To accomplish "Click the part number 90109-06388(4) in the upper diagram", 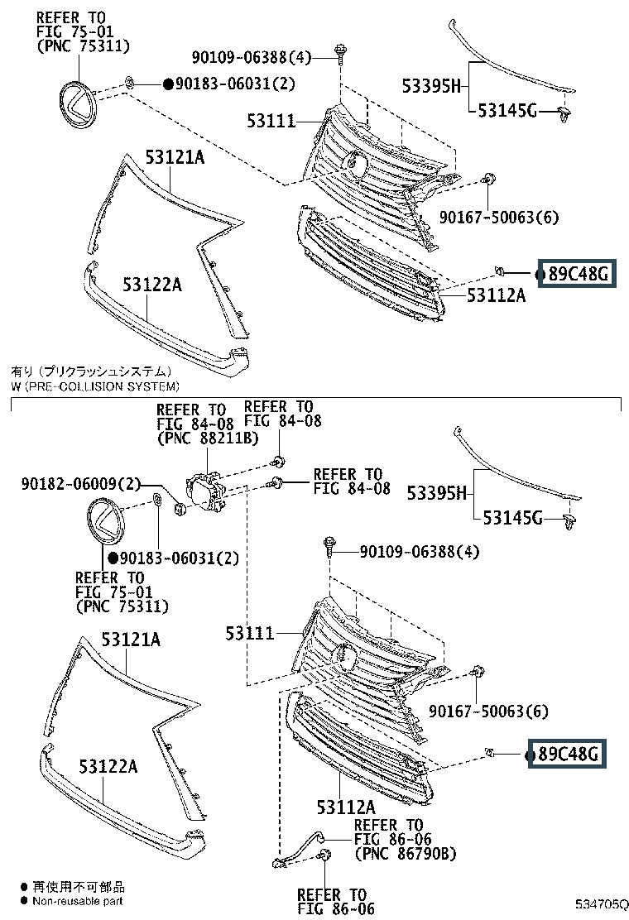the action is [x=251, y=58].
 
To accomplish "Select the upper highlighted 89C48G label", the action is [x=578, y=273].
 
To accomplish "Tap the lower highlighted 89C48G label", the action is [x=568, y=754].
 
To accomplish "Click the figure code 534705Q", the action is [x=600, y=904].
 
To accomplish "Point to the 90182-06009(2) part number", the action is [x=81, y=483].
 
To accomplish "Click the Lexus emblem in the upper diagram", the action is [x=79, y=104].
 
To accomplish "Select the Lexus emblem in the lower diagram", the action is [x=107, y=521].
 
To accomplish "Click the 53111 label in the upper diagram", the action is [x=271, y=121].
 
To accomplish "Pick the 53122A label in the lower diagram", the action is [x=108, y=766].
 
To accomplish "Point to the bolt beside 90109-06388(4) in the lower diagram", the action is [x=329, y=548].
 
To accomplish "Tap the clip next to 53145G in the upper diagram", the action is [x=565, y=114].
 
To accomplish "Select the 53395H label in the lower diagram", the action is [x=436, y=493].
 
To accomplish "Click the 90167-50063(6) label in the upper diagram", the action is [x=499, y=217].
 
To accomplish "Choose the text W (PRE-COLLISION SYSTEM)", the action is [x=95, y=386].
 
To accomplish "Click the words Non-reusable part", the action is [x=78, y=901].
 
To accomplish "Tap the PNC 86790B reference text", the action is [x=406, y=853].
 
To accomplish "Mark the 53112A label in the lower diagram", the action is [x=346, y=807].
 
